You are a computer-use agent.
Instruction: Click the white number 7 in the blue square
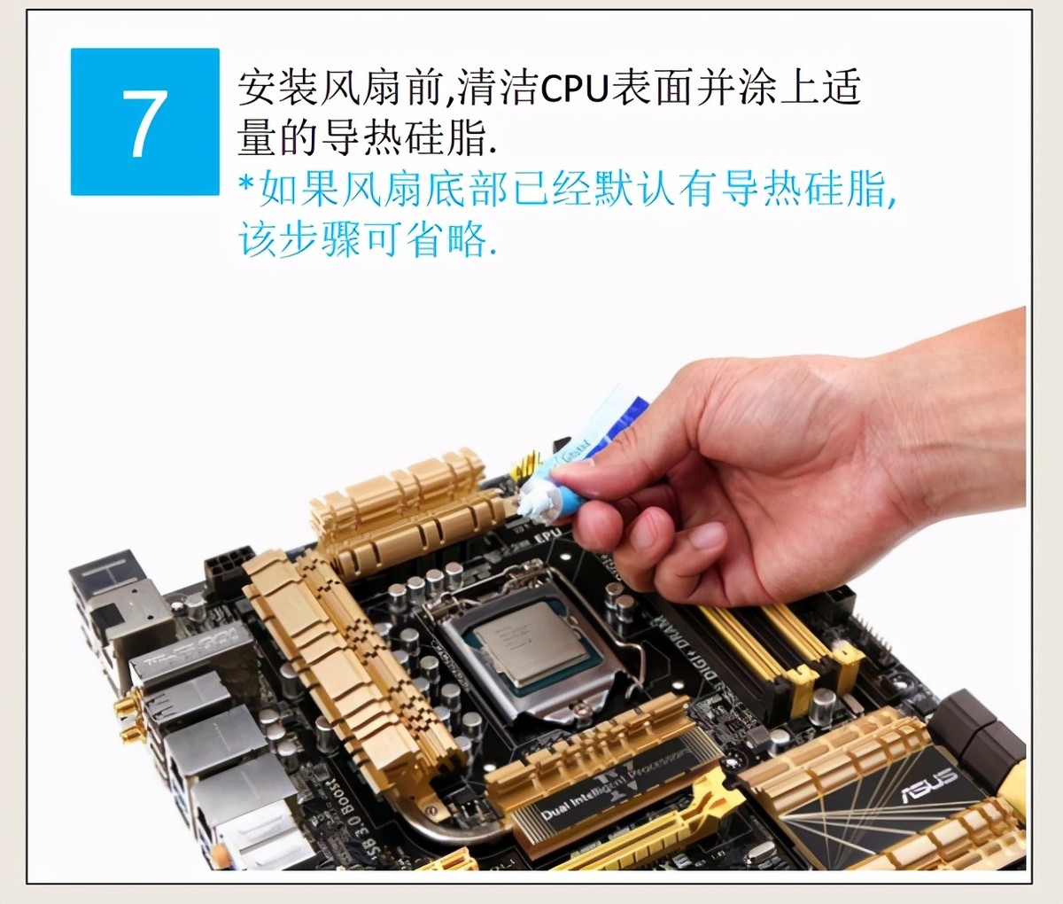(x=144, y=124)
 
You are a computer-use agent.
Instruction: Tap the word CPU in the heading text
(x=573, y=89)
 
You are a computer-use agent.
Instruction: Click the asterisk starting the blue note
(x=246, y=183)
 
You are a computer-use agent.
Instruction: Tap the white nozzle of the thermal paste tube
(x=532, y=502)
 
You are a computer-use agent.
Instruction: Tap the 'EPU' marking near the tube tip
(x=548, y=534)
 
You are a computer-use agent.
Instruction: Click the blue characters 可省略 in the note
(x=425, y=239)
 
